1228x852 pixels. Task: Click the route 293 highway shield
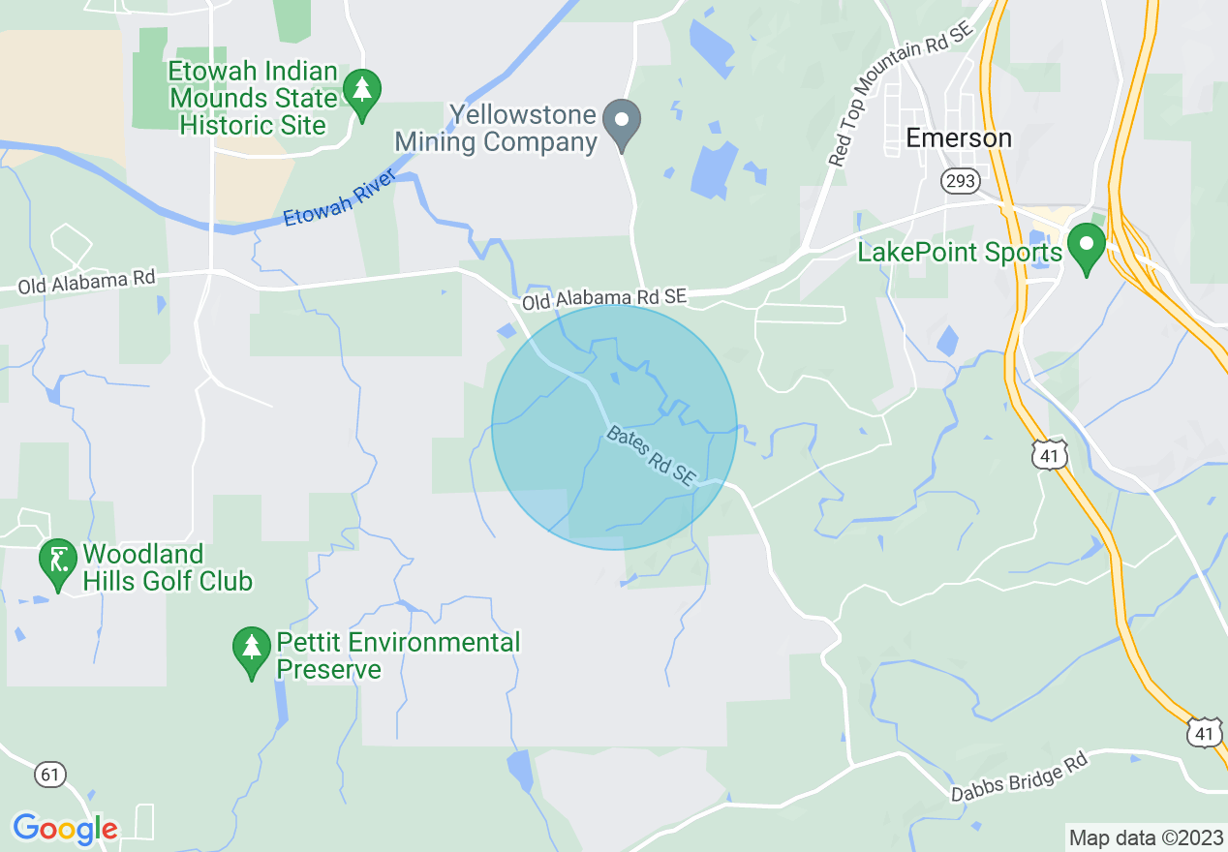point(961,180)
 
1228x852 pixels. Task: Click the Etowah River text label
point(339,198)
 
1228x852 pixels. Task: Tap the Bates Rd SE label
point(651,455)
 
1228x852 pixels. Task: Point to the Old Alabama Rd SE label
point(604,299)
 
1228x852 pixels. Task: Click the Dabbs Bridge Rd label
point(1020,776)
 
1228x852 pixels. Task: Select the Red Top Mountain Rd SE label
point(901,95)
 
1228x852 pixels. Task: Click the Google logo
point(65,829)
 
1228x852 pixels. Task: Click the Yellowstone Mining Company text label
point(496,129)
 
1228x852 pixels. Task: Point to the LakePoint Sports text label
point(960,254)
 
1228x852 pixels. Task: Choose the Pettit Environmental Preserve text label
point(398,655)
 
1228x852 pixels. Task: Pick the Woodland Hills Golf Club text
point(168,567)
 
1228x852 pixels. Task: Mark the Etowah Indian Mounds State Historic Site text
point(254,98)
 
